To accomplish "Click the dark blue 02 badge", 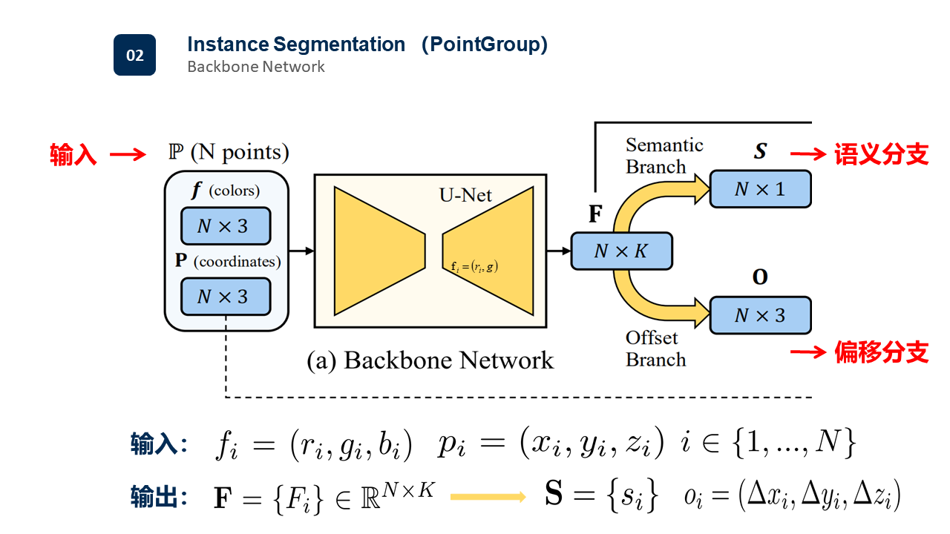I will [134, 55].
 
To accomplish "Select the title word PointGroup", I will [485, 44].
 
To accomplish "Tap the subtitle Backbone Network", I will [255, 67].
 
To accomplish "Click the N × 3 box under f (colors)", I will [226, 226].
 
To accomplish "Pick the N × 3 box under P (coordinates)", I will [226, 297].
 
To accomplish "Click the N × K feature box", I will [621, 251].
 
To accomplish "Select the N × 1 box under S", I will [760, 189].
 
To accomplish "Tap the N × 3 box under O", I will [760, 315].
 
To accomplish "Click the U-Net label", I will [465, 196].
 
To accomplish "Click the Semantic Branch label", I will [664, 156].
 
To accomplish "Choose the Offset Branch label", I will [655, 349].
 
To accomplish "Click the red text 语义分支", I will [881, 154].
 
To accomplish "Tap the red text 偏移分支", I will [881, 352].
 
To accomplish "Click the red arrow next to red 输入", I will [128, 155].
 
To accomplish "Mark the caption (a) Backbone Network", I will [430, 360].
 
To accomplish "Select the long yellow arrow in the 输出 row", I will [487, 497].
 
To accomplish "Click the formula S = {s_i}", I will [601, 496].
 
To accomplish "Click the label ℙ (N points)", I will [228, 153].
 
